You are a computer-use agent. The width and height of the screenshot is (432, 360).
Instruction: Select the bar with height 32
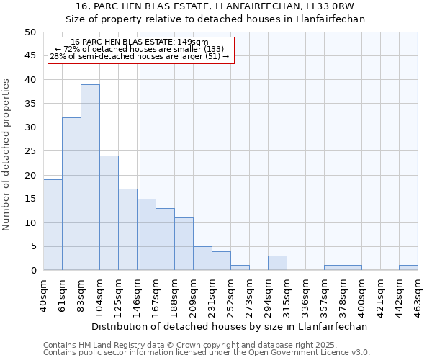coord(71,194)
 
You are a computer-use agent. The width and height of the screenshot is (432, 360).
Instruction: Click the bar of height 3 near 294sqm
coord(277,263)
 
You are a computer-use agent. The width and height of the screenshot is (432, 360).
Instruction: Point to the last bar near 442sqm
coord(408,268)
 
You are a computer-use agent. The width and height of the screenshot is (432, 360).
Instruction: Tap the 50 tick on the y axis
coord(30,32)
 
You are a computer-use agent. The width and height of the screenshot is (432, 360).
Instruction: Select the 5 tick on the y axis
coord(32,247)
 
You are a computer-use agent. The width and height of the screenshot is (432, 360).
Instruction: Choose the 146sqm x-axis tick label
coord(137,293)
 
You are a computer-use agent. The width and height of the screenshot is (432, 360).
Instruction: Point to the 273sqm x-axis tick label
coord(249,293)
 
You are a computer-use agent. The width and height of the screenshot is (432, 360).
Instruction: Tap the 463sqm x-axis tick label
coord(418,293)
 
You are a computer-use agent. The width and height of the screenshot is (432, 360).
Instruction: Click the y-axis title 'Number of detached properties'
coord(7,154)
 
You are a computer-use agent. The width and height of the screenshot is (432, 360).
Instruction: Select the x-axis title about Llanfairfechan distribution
coord(230,326)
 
